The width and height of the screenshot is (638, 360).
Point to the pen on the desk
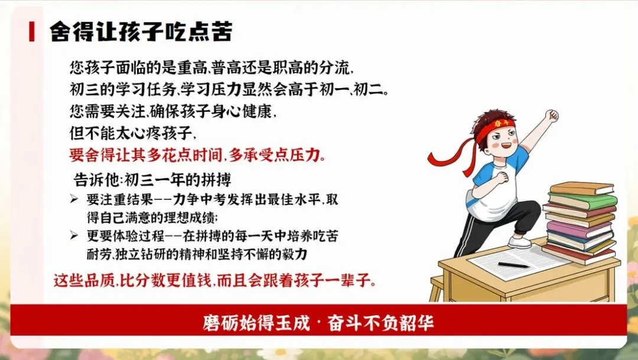[513, 265]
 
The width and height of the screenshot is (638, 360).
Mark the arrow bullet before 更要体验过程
[74, 235]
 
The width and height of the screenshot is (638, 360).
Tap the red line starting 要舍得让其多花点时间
[197, 155]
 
